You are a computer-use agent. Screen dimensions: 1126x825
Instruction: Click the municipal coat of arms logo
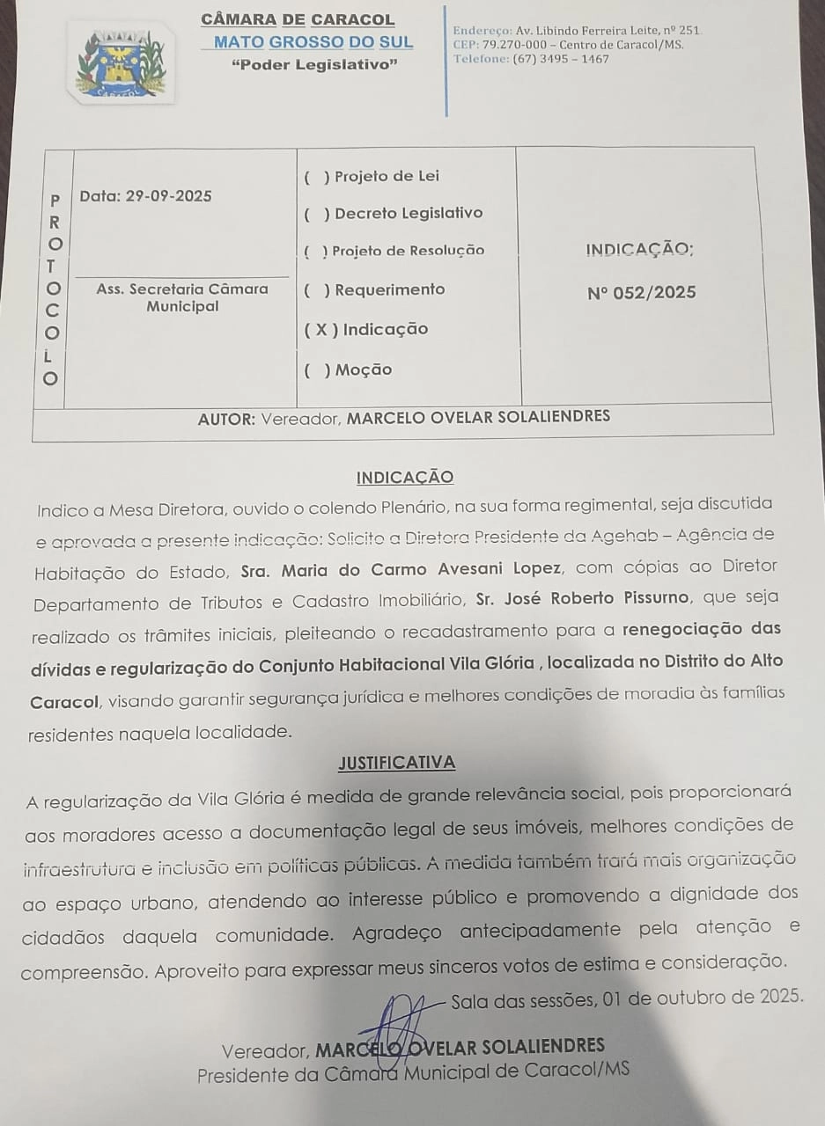click(122, 63)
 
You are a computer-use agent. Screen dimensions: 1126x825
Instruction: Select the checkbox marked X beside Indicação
click(321, 330)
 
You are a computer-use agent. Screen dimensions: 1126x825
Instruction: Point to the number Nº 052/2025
click(641, 293)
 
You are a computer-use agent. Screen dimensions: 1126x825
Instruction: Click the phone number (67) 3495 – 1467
click(560, 60)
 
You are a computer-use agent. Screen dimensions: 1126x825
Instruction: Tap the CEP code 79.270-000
click(514, 45)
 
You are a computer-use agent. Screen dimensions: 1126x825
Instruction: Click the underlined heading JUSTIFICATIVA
click(396, 763)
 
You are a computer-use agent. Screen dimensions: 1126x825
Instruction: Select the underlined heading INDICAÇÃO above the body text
click(405, 478)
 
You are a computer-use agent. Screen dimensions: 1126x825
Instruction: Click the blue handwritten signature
click(402, 1020)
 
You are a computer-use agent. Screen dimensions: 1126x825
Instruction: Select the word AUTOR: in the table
click(226, 419)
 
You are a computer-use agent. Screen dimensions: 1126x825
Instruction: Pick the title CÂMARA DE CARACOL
click(298, 19)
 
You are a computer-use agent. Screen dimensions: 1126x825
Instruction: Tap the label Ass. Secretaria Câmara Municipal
click(182, 297)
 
